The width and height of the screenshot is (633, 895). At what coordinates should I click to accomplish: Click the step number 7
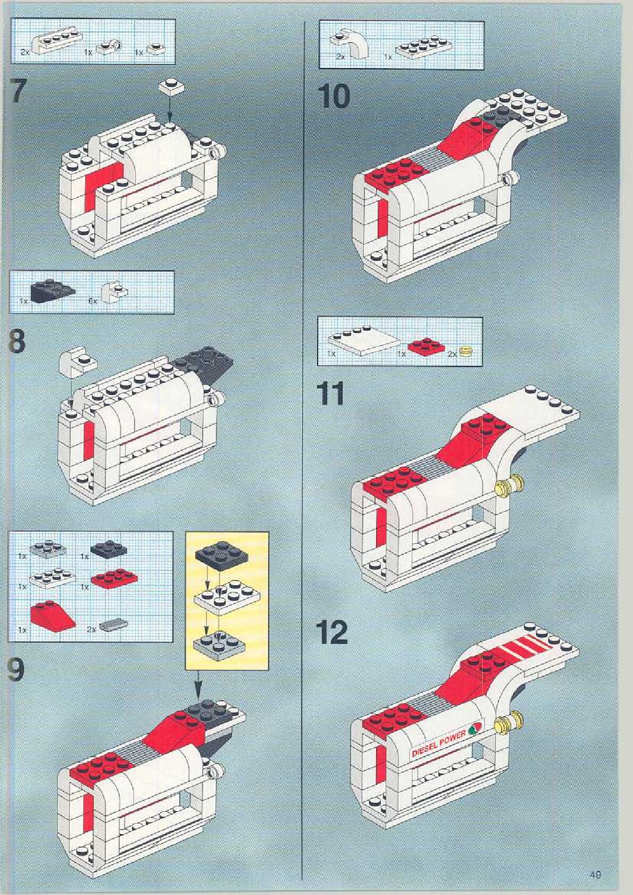coord(18,91)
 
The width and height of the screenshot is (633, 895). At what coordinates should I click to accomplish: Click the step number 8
coord(18,341)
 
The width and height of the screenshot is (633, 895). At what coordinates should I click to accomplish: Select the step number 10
coord(334,96)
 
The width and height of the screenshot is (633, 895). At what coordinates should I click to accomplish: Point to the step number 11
coord(330,394)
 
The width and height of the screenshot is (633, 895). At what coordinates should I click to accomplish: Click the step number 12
coord(332,632)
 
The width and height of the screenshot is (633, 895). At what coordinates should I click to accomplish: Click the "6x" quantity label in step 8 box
coord(93,301)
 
